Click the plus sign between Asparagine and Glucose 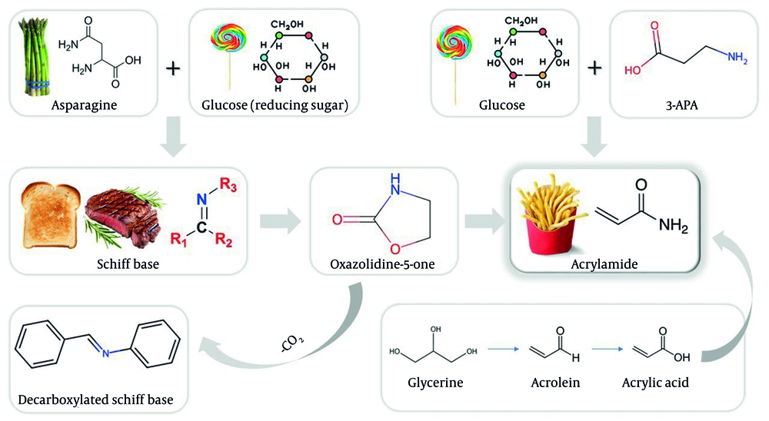[x=173, y=68]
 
